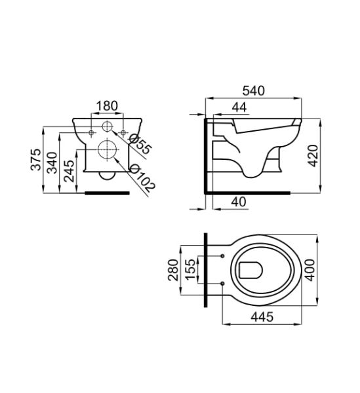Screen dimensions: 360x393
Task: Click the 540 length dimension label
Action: pos(253,91)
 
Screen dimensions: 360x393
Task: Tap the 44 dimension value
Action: pos(239,107)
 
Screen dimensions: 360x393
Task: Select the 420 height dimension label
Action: pos(313,156)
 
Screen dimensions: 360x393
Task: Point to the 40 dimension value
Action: pos(239,202)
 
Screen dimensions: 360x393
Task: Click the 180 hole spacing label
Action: pos(107,106)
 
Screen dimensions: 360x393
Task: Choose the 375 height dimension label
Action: pos(35,160)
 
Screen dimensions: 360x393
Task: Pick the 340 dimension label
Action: pos(52,163)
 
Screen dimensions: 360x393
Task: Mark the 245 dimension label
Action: pos(69,171)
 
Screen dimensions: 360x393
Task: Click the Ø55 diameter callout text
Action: pos(140,144)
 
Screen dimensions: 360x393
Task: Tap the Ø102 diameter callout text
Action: pos(142,178)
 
